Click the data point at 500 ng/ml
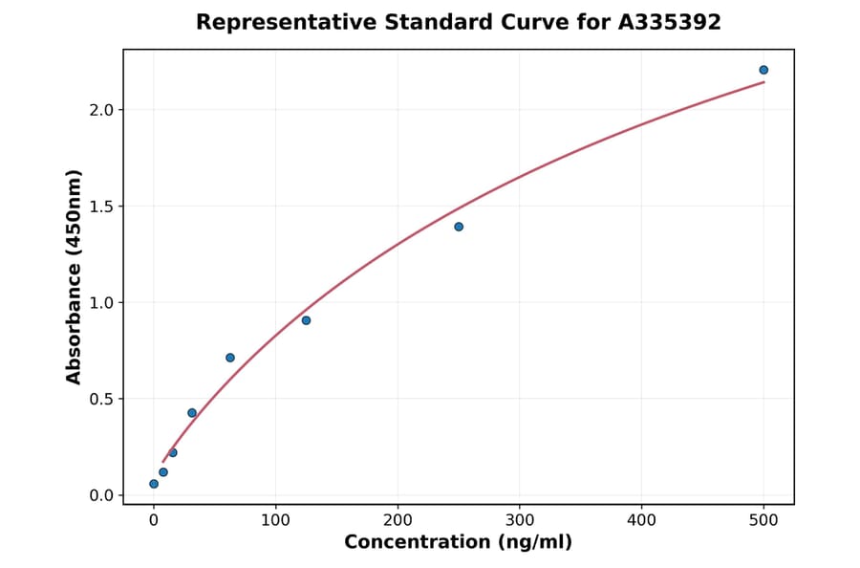coord(763,70)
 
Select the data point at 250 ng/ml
coord(459,227)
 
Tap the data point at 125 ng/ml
coord(306,320)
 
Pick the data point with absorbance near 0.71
coord(230,358)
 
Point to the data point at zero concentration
coord(154,484)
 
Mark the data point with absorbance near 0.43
coord(192,413)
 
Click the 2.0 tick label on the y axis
coord(101,110)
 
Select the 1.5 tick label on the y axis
coord(101,207)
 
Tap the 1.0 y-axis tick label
coord(101,303)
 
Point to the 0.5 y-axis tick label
coord(101,399)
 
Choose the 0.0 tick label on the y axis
coord(101,495)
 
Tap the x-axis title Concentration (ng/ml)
coord(458,543)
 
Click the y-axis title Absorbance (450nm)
coord(75,276)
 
